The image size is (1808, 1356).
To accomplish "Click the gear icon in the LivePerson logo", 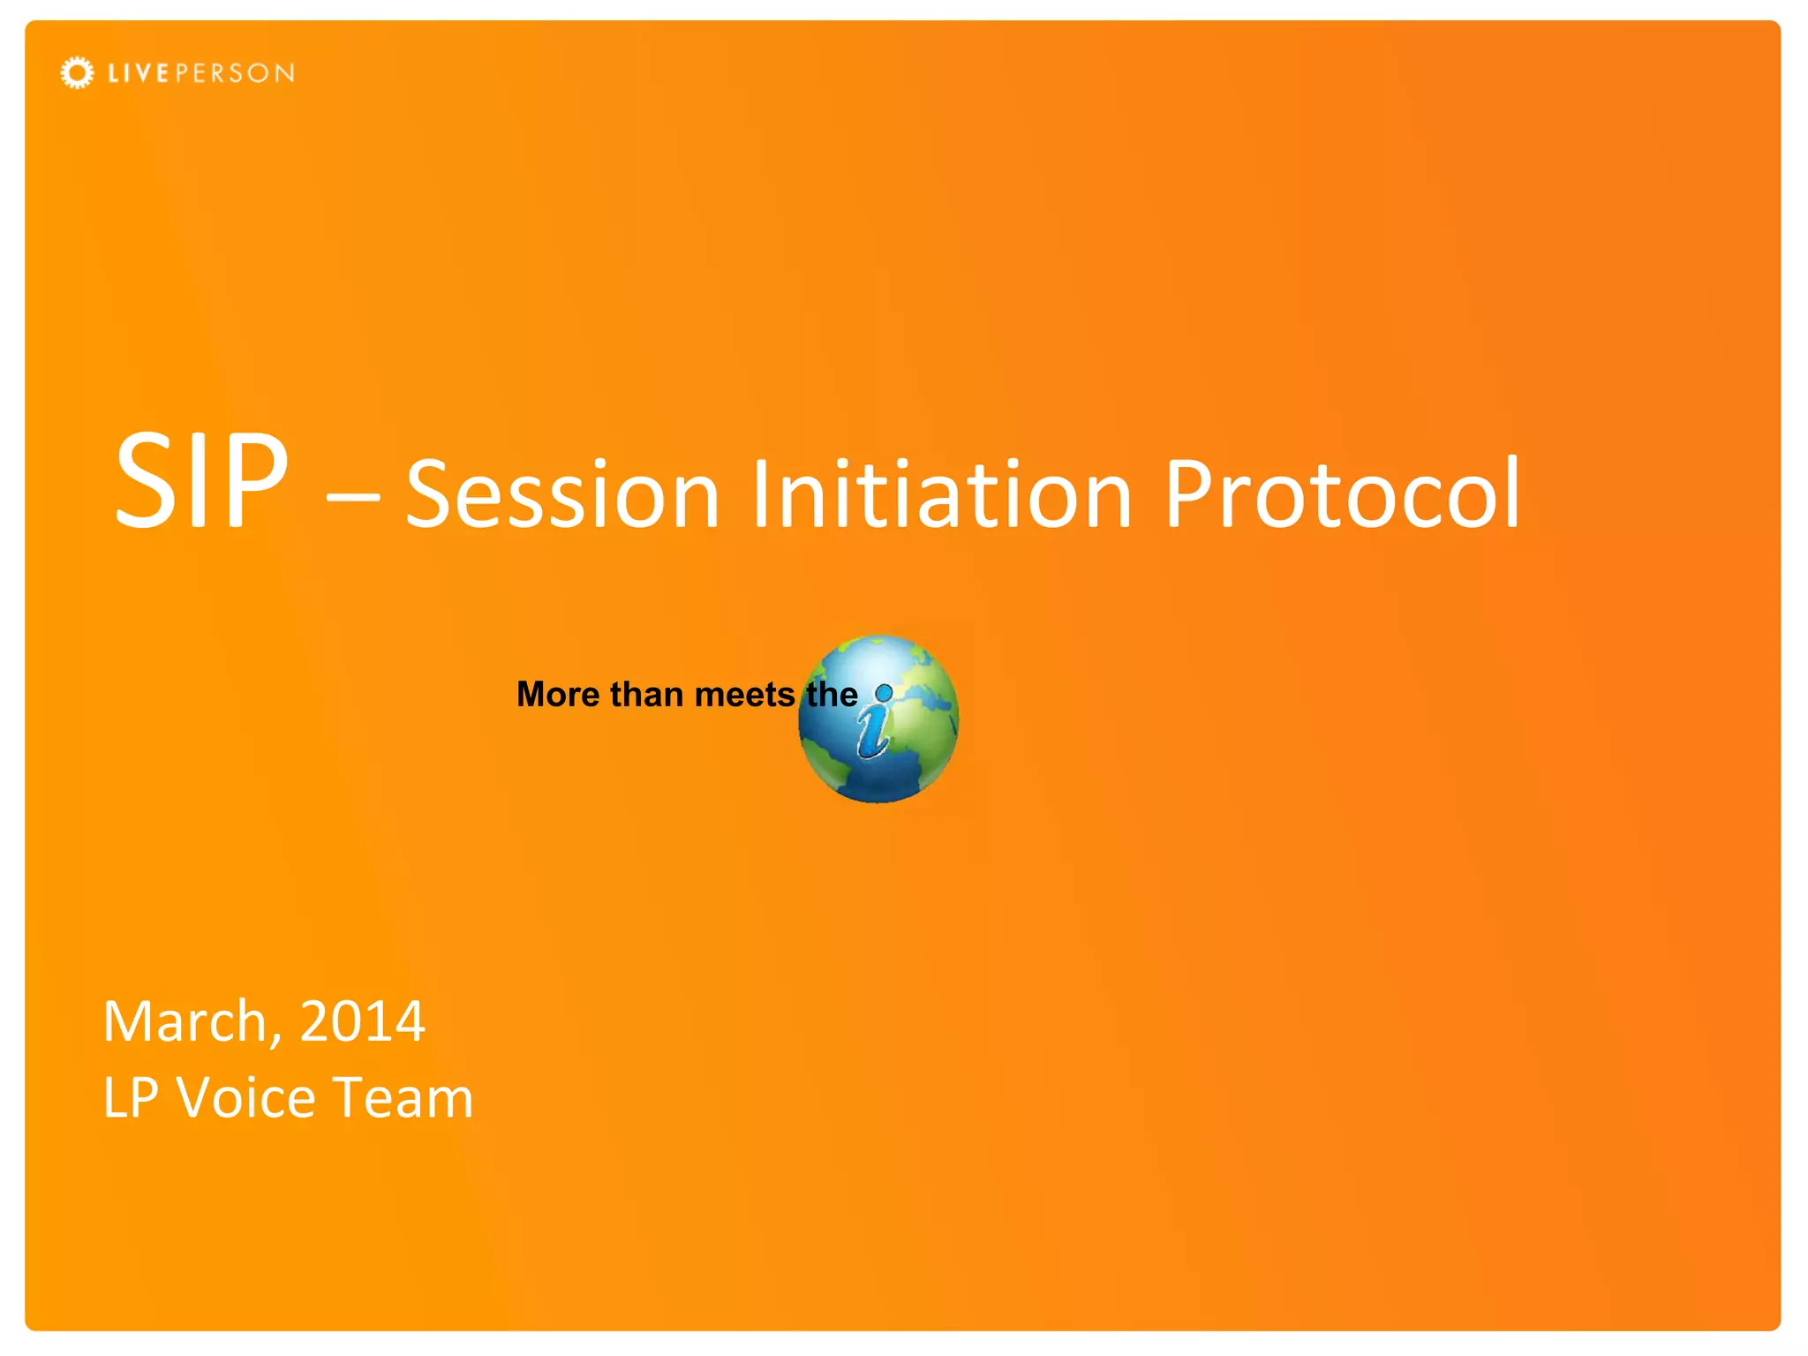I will pos(77,72).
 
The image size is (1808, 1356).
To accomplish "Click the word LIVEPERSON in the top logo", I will pos(201,73).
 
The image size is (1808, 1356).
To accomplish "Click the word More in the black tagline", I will pos(558,695).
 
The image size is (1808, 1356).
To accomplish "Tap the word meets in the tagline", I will pos(744,695).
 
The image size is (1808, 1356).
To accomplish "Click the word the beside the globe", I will pos(831,695).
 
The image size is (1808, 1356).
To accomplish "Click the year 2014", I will pos(362,1021).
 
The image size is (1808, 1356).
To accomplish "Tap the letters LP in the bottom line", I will pos(131,1098).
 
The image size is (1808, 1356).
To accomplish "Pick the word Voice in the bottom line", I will pos(246,1098).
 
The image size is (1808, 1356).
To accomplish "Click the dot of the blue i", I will pos(884,692).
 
